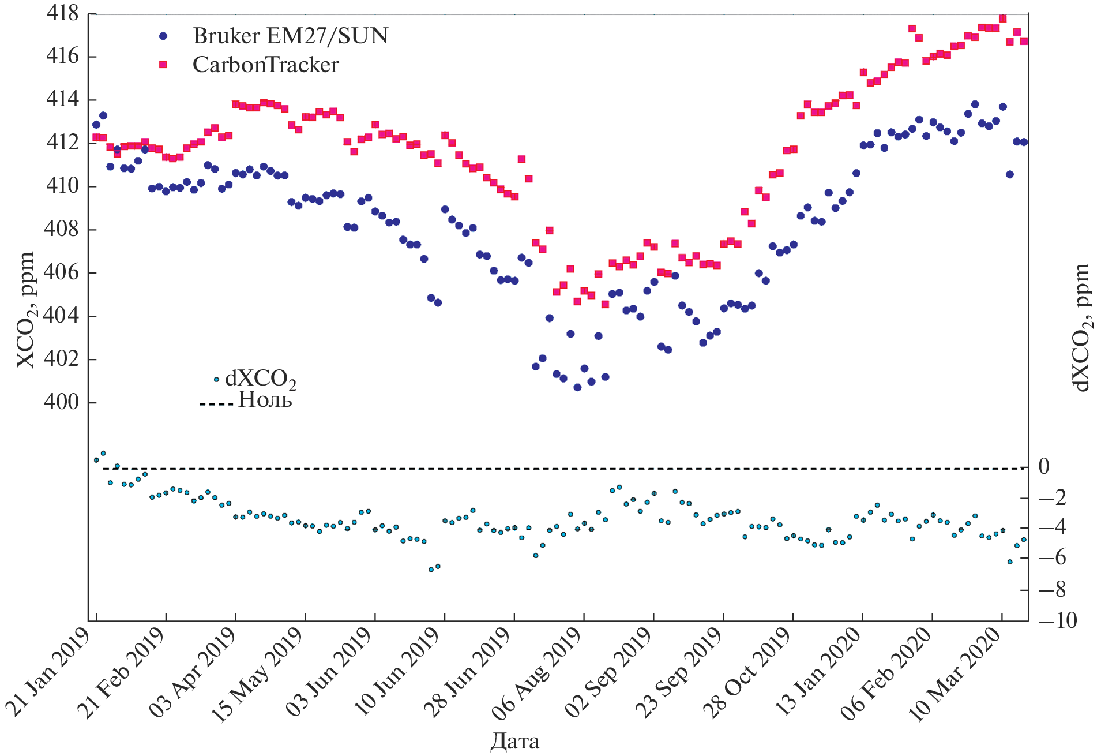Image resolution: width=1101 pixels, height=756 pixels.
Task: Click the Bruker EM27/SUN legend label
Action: tap(290, 36)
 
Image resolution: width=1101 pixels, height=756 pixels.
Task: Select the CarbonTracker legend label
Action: tap(265, 65)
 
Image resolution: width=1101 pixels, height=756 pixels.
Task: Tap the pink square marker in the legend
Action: tap(163, 65)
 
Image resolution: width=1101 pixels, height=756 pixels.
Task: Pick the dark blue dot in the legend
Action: tap(163, 36)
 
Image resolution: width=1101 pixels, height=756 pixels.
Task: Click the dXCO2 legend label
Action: tap(260, 379)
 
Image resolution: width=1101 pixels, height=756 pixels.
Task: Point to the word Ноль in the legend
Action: tap(265, 399)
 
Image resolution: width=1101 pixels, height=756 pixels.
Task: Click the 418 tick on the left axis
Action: tap(62, 13)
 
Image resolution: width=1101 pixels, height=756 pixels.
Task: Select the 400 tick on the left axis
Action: tap(62, 402)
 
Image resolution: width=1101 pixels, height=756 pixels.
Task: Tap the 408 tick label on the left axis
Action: tap(62, 229)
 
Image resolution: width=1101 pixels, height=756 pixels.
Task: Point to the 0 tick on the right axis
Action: tap(1044, 467)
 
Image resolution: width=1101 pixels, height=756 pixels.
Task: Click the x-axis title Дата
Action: tap(515, 742)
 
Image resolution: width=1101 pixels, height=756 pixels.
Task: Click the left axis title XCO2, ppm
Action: tap(25, 310)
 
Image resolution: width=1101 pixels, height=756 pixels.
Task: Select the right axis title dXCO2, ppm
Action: tap(1082, 327)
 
